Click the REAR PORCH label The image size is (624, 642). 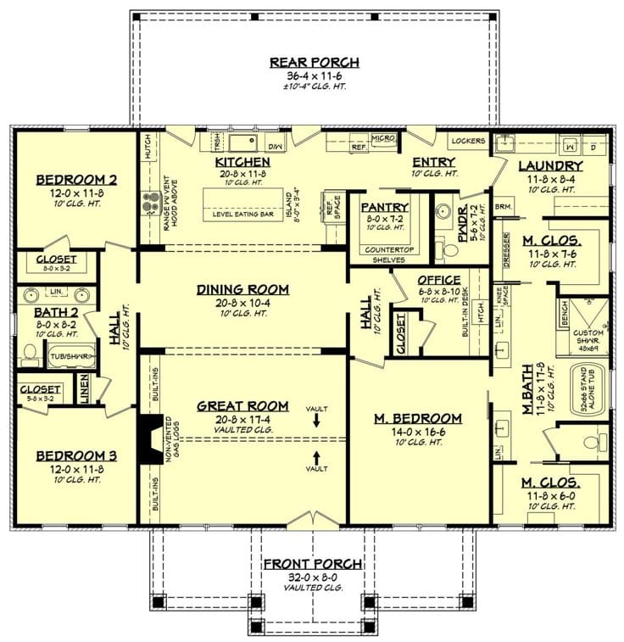[314, 62]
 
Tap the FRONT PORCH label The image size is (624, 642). [313, 563]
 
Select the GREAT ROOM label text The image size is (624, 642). [242, 405]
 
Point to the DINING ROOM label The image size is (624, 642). [242, 289]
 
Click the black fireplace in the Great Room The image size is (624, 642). [149, 438]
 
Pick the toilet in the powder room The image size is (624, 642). [442, 247]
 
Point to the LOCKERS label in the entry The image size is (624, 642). [467, 141]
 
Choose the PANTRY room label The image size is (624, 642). [385, 206]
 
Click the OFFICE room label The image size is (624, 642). [438, 280]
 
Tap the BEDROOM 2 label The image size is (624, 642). [76, 179]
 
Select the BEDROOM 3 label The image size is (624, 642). [76, 455]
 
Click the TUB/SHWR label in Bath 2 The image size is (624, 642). [69, 356]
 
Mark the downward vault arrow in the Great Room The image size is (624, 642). [316, 420]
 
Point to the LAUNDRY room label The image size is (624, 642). [550, 166]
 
